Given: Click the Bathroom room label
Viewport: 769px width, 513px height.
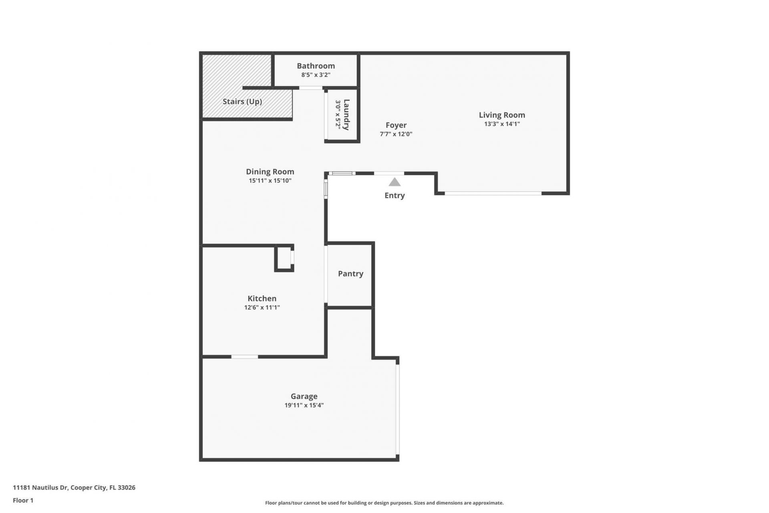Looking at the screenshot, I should tap(316, 66).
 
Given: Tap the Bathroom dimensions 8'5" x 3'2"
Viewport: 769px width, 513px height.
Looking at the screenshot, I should tap(316, 75).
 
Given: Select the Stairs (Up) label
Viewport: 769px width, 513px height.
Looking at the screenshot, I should tap(242, 101).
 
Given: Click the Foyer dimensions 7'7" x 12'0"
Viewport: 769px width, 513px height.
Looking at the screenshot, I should tap(396, 134).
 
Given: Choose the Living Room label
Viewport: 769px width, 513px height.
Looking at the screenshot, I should tap(502, 115).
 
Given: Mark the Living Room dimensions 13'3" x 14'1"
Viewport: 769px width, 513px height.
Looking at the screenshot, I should tap(502, 124).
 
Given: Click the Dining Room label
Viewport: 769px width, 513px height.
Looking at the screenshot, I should tap(270, 172).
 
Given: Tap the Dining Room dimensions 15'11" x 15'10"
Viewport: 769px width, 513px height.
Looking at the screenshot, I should tap(270, 181).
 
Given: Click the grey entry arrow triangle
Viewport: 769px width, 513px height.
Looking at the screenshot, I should tap(395, 182).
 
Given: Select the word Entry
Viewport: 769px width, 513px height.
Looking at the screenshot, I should tap(395, 196).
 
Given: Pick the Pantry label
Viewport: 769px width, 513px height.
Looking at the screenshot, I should tap(350, 274).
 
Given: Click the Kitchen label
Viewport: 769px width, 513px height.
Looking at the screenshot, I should tap(262, 299).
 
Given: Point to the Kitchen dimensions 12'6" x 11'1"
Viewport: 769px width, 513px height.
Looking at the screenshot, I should tap(262, 307).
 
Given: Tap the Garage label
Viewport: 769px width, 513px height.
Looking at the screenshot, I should tap(304, 396).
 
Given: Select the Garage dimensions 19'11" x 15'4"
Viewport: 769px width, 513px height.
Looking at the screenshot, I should tap(304, 405).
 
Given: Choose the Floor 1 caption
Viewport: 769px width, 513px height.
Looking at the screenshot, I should tap(23, 500).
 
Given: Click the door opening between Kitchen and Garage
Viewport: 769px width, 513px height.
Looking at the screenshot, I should tap(245, 357).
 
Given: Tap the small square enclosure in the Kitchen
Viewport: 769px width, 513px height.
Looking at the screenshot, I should tap(284, 258).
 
